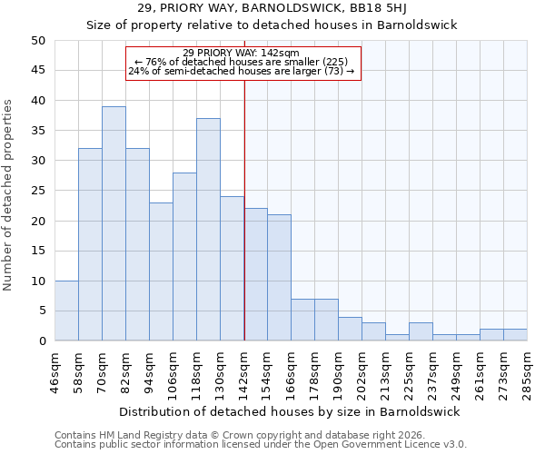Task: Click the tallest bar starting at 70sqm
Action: pos(114,223)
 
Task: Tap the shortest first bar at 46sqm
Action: pos(66,311)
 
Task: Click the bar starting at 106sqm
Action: pos(184,257)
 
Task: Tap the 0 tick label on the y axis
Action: pos(41,341)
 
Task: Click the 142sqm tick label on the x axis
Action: pos(244,371)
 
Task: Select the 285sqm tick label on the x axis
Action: pos(528,371)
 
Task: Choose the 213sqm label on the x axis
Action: pos(386,371)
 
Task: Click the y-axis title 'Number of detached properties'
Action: pos(9,195)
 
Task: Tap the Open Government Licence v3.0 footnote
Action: pos(261,445)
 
